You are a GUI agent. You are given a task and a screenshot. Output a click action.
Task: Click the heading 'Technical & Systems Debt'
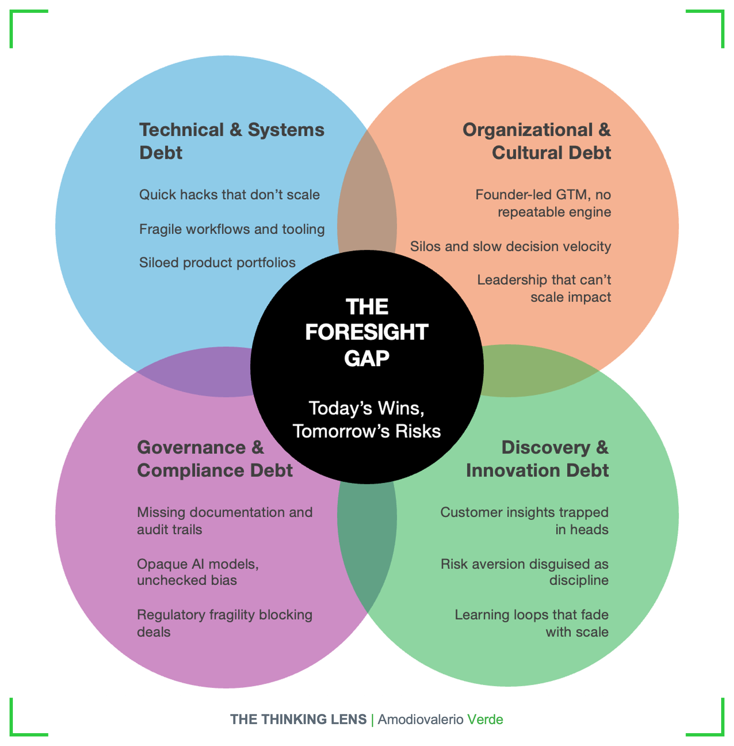231,141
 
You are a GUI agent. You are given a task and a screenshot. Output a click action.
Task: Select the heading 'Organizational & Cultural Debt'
537,141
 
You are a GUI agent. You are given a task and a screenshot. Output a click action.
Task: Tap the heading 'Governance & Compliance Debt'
214,459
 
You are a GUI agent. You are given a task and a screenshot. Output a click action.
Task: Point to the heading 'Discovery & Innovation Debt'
537,459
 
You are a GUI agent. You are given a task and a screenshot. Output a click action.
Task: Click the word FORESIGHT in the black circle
367,332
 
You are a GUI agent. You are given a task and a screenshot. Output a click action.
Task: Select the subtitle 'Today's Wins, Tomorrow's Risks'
367,420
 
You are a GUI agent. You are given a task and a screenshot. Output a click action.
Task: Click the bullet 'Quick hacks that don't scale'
229,195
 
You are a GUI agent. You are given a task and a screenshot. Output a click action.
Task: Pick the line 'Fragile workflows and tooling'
232,229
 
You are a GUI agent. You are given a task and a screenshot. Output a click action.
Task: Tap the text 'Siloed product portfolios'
217,262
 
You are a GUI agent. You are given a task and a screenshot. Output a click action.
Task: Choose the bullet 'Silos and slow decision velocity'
510,246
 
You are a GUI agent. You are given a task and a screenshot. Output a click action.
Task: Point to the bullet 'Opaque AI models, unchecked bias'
198,572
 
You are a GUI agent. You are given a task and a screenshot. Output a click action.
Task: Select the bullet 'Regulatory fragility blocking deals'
224,623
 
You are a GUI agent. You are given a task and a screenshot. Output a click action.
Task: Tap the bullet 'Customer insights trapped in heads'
524,520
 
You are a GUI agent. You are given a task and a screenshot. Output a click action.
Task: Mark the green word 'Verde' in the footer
485,720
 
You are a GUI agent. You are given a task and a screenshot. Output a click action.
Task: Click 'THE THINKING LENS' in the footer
298,720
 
